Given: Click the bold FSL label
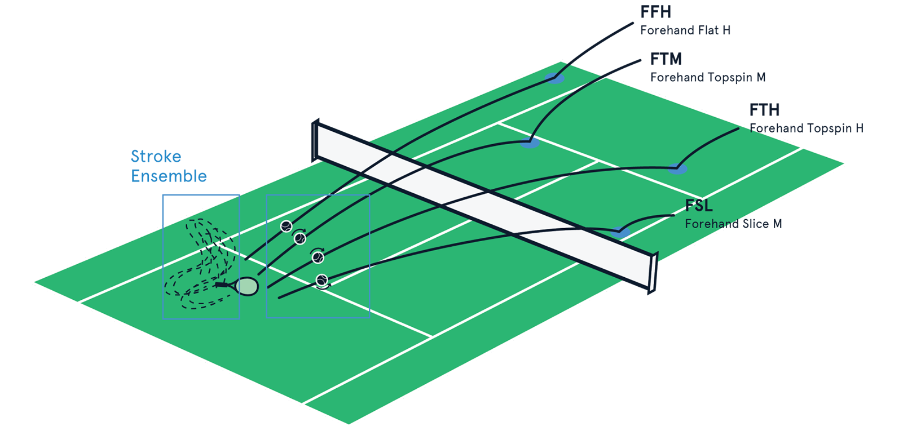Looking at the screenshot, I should click(x=698, y=206).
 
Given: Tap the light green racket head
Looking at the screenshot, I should click(x=247, y=286).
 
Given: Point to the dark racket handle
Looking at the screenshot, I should click(x=224, y=286).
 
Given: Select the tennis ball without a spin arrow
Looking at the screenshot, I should click(x=287, y=227).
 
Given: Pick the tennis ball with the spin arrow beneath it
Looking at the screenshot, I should click(x=321, y=279).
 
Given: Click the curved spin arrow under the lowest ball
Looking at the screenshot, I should click(x=323, y=287).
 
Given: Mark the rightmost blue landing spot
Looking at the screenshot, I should click(x=677, y=167).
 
